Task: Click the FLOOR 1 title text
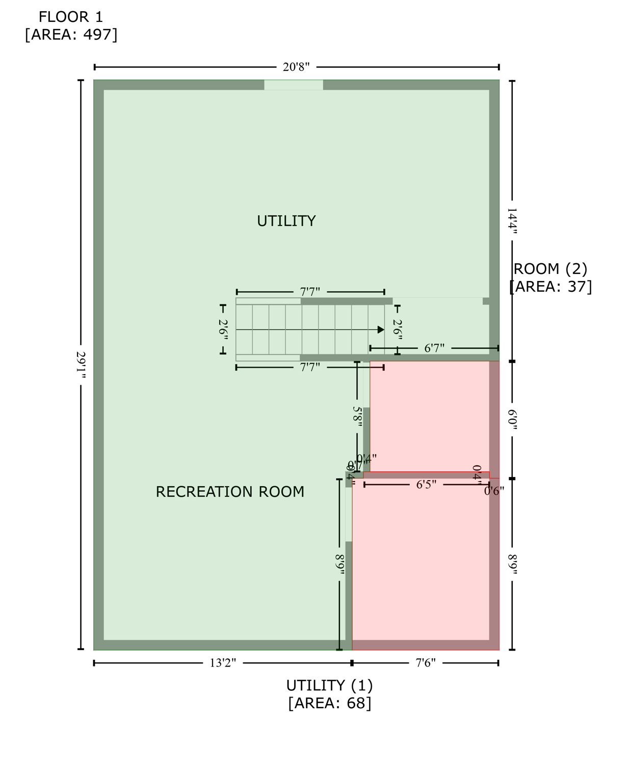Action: coord(71,17)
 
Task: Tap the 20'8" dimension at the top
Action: coord(296,67)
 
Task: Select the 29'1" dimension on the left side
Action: coord(81,365)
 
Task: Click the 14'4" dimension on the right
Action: coord(512,220)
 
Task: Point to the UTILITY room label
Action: coord(286,221)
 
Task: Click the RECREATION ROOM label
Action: coord(230,492)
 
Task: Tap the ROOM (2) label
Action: coord(550,269)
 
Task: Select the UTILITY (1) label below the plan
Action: coord(329,685)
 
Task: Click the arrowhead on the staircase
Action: coord(381,330)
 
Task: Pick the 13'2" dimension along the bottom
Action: coord(223,663)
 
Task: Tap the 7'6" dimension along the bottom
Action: coord(426,663)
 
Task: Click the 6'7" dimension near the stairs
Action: coord(434,348)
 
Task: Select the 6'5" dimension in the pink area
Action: coord(426,485)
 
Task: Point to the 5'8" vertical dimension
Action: coord(357,416)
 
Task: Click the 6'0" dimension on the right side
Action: coord(512,420)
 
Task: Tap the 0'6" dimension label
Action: coord(494,491)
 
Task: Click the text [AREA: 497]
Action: coord(71,35)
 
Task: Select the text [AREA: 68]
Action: coord(329,703)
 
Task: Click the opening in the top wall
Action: coord(294,85)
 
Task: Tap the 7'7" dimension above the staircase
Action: coord(310,292)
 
